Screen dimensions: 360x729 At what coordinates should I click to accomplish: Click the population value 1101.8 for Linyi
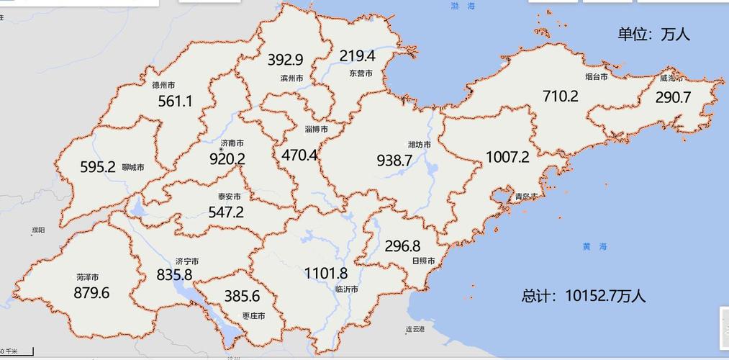(326, 274)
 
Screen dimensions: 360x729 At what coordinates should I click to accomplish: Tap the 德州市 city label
(164, 85)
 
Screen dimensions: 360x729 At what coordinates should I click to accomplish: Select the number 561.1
(175, 102)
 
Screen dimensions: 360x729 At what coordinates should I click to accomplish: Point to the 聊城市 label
(133, 167)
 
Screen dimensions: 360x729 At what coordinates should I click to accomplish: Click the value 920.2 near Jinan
(227, 158)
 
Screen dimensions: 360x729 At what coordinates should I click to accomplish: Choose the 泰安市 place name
(229, 197)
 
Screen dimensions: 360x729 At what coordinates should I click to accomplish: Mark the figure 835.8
(174, 275)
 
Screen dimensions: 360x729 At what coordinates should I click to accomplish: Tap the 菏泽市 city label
(87, 277)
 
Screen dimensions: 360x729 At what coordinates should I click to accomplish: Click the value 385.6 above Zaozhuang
(242, 297)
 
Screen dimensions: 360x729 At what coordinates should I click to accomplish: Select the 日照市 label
(423, 261)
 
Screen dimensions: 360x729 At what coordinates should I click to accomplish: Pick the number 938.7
(394, 161)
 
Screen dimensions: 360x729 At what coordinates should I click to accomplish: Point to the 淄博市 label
(317, 130)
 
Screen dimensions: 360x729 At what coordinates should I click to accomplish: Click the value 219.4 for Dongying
(358, 56)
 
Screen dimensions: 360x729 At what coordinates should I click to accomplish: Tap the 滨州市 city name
(291, 78)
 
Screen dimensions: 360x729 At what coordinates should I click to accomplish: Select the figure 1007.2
(507, 157)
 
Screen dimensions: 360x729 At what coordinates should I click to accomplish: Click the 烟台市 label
(597, 76)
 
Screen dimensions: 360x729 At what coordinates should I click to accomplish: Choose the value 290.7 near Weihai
(673, 97)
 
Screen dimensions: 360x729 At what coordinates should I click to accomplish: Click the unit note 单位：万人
(653, 35)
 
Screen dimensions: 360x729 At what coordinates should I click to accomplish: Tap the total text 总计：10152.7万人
(584, 296)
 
